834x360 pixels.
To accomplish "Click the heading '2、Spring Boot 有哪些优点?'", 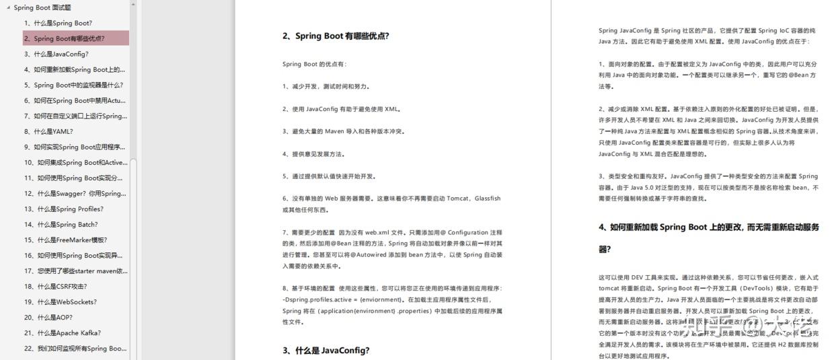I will pos(336,36).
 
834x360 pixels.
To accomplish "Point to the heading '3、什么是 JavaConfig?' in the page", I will pos(326,351).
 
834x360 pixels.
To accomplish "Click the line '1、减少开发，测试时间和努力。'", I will pos(326,86).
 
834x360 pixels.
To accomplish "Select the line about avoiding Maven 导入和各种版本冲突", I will pos(343,131).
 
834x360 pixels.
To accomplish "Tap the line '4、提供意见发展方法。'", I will pos(313,153).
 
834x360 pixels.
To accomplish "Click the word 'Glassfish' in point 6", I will pos(488,199).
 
